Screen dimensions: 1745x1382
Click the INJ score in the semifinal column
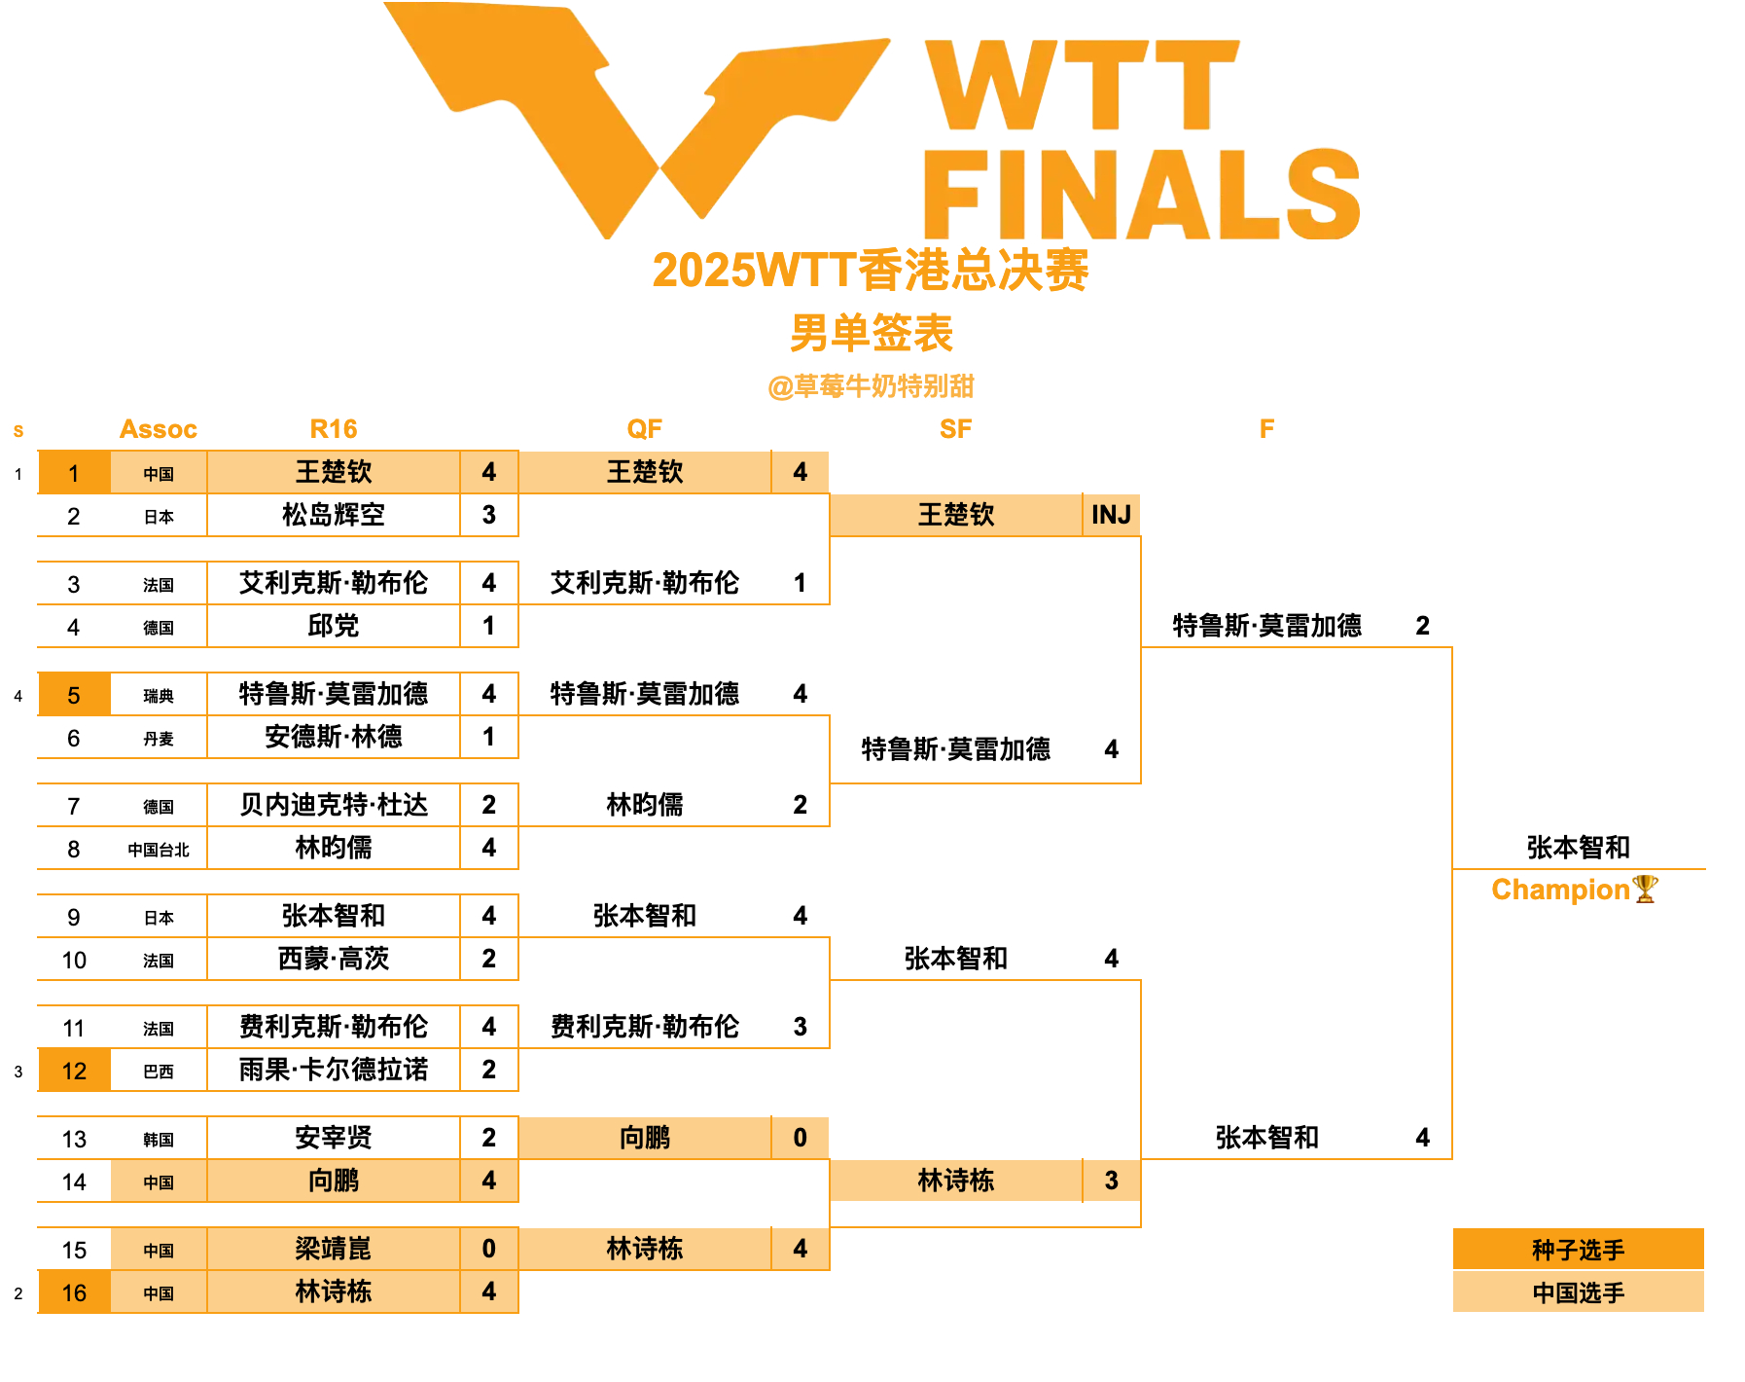[x=1111, y=515]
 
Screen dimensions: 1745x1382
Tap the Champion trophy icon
[x=1645, y=889]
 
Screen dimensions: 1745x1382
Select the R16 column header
[x=333, y=429]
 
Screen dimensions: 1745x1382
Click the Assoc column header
[x=158, y=429]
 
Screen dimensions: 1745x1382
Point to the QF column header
[x=644, y=429]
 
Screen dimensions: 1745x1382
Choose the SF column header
[x=955, y=429]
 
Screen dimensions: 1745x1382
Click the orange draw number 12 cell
[x=74, y=1071]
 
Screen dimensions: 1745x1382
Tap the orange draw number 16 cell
[x=74, y=1292]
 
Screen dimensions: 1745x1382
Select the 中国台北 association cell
[x=159, y=850]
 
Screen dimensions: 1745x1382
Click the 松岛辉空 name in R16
[x=333, y=515]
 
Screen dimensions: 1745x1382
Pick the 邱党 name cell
[x=333, y=626]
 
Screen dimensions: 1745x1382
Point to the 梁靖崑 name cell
[x=333, y=1249]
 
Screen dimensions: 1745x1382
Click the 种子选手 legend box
[x=1578, y=1250]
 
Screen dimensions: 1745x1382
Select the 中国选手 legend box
[x=1578, y=1292]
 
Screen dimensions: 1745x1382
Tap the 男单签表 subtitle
[x=872, y=333]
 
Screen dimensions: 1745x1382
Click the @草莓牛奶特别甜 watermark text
[x=872, y=386]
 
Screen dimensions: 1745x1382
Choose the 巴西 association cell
[x=159, y=1072]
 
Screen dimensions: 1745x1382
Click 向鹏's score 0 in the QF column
[x=800, y=1138]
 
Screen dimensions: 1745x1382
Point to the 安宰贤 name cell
[x=333, y=1138]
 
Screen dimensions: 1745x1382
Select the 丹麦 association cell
[x=159, y=739]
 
